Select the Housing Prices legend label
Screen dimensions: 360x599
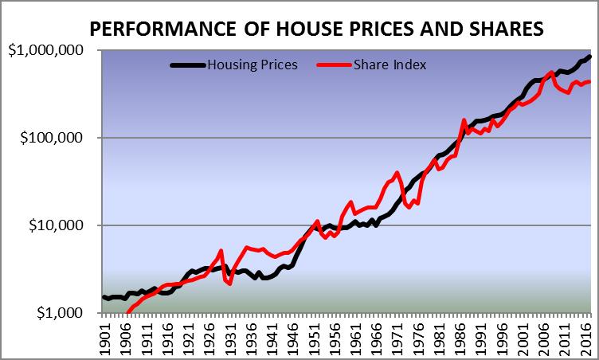tap(252, 65)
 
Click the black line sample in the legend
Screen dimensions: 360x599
tap(187, 65)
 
